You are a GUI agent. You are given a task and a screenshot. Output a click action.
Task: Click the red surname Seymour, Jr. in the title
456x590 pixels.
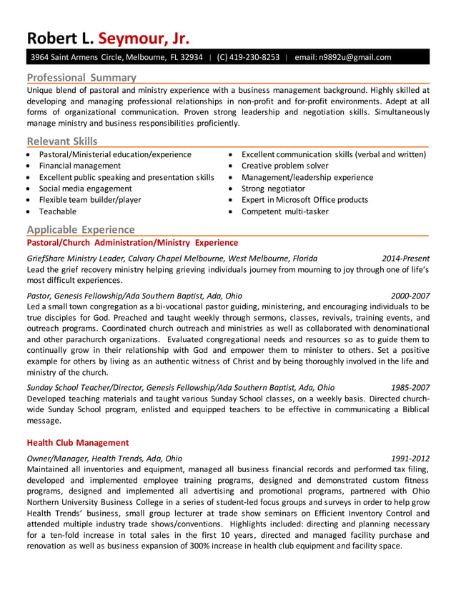pyautogui.click(x=144, y=38)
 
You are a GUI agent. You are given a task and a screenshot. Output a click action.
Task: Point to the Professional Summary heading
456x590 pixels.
pyautogui.click(x=81, y=77)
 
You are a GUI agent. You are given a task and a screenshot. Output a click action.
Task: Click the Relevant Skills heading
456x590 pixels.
pyautogui.click(x=62, y=141)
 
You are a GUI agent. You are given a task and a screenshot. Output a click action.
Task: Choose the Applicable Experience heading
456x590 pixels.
pyautogui.click(x=80, y=229)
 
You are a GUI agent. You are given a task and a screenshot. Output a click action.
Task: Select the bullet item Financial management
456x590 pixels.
pyautogui.click(x=79, y=166)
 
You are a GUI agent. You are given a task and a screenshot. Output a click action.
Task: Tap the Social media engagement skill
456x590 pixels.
pyautogui.click(x=85, y=189)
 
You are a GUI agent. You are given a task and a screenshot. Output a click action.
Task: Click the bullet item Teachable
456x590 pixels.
pyautogui.click(x=57, y=211)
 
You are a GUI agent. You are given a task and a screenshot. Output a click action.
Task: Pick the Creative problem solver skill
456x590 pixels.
pyautogui.click(x=284, y=166)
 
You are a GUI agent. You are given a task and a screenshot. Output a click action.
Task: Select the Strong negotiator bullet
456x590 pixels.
pyautogui.click(x=273, y=189)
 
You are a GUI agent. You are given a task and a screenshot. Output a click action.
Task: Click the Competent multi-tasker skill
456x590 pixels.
pyautogui.click(x=284, y=211)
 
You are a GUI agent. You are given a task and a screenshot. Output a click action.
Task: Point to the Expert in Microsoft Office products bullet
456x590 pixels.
pyautogui.click(x=304, y=200)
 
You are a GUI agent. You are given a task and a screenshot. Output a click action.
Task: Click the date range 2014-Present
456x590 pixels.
pyautogui.click(x=405, y=259)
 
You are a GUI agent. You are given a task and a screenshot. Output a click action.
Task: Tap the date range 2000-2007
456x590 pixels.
pyautogui.click(x=410, y=296)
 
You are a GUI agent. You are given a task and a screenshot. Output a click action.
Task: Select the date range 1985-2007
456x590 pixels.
pyautogui.click(x=410, y=387)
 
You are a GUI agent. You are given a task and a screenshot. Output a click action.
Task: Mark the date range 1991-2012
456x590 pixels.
pyautogui.click(x=410, y=459)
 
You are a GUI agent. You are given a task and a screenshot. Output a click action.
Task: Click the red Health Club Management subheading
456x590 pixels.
pyautogui.click(x=78, y=443)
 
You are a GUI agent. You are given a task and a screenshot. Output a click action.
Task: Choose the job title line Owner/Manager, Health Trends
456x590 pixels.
pyautogui.click(x=104, y=459)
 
